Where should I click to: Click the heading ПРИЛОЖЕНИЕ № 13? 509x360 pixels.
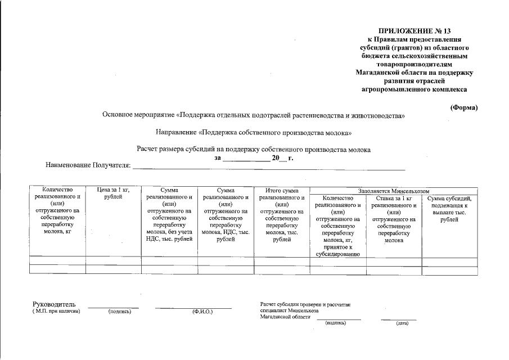pyautogui.click(x=415, y=31)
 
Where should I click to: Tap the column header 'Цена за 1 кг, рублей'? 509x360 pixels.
pyautogui.click(x=113, y=193)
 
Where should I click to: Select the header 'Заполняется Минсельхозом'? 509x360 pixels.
pyautogui.click(x=393, y=191)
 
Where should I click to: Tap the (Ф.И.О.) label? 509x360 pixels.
pyautogui.click(x=202, y=312)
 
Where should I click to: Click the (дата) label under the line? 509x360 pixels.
pyautogui.click(x=402, y=323)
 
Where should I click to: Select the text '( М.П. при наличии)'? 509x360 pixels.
pyautogui.click(x=56, y=311)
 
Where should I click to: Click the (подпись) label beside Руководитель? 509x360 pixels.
pyautogui.click(x=120, y=312)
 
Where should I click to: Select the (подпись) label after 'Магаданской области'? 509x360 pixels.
pyautogui.click(x=336, y=323)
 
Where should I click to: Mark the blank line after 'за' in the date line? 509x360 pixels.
pyautogui.click(x=246, y=160)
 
